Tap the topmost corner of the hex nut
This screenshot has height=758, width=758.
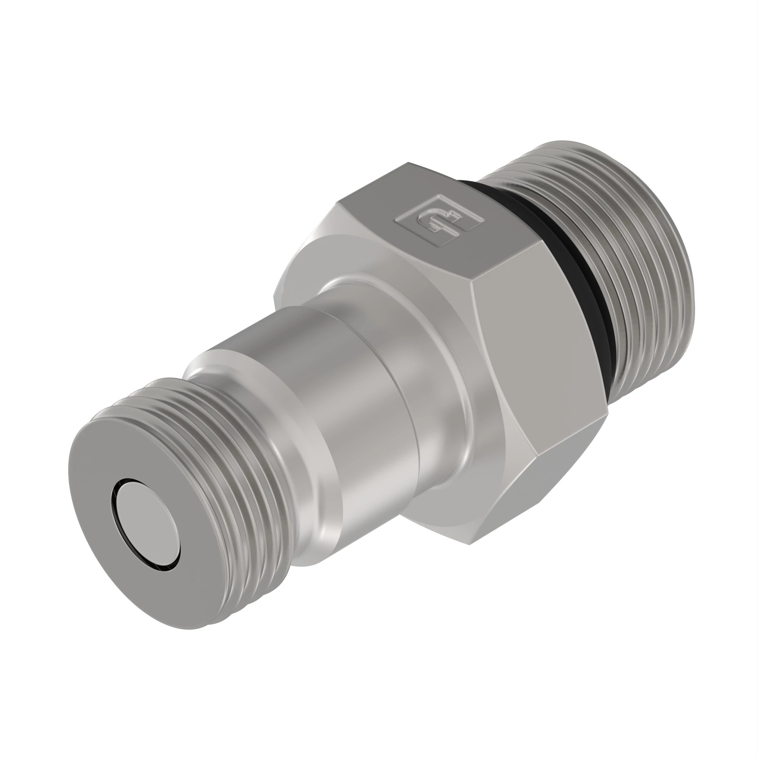pyautogui.click(x=408, y=163)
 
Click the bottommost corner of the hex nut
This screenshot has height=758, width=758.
pyautogui.click(x=471, y=543)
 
